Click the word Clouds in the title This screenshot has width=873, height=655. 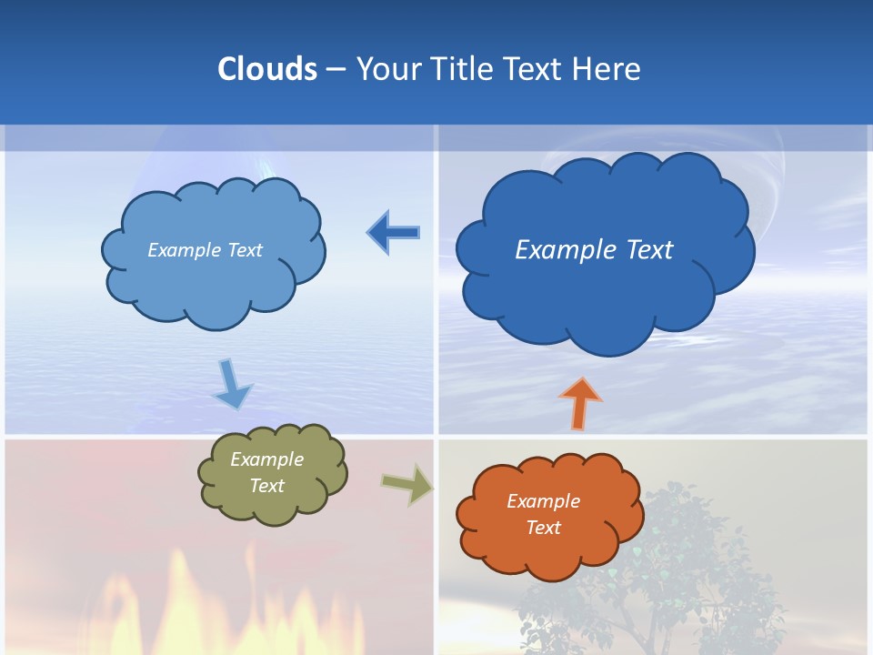point(267,69)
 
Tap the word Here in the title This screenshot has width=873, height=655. point(607,69)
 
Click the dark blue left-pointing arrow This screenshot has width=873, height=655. point(394,233)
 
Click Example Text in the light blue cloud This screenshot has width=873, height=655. point(205,250)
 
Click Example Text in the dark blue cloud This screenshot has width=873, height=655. point(594,250)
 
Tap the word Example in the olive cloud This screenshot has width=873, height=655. point(266,459)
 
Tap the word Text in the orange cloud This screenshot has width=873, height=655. point(543,528)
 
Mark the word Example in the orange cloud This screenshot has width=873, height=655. point(543,501)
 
